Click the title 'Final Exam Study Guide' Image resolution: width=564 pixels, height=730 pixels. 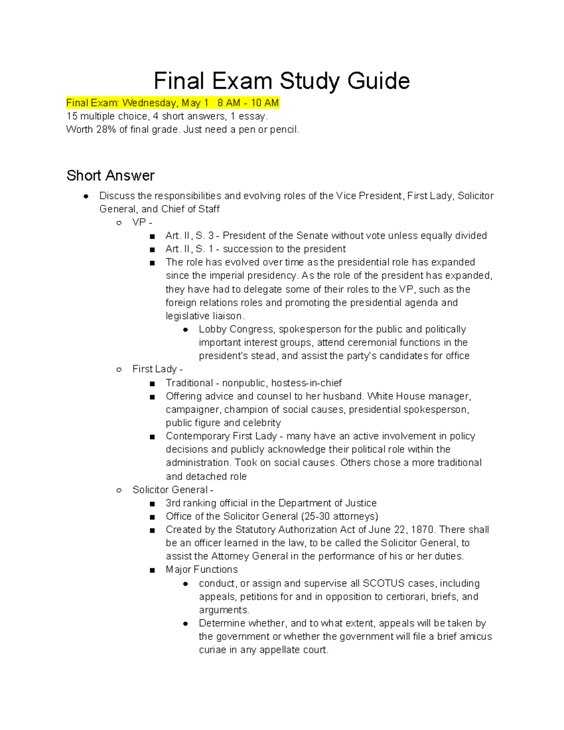(282, 81)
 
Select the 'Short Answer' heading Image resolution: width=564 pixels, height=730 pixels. (110, 175)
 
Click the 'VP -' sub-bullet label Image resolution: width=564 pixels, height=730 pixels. (142, 222)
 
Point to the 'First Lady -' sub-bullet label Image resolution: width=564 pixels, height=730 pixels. (157, 369)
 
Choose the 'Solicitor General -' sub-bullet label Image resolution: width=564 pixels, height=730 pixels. (172, 490)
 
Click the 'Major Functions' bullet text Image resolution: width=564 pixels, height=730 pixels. (202, 570)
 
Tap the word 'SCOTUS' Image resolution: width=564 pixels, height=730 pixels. (384, 583)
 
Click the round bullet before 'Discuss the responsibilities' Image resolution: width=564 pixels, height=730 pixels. (86, 196)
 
